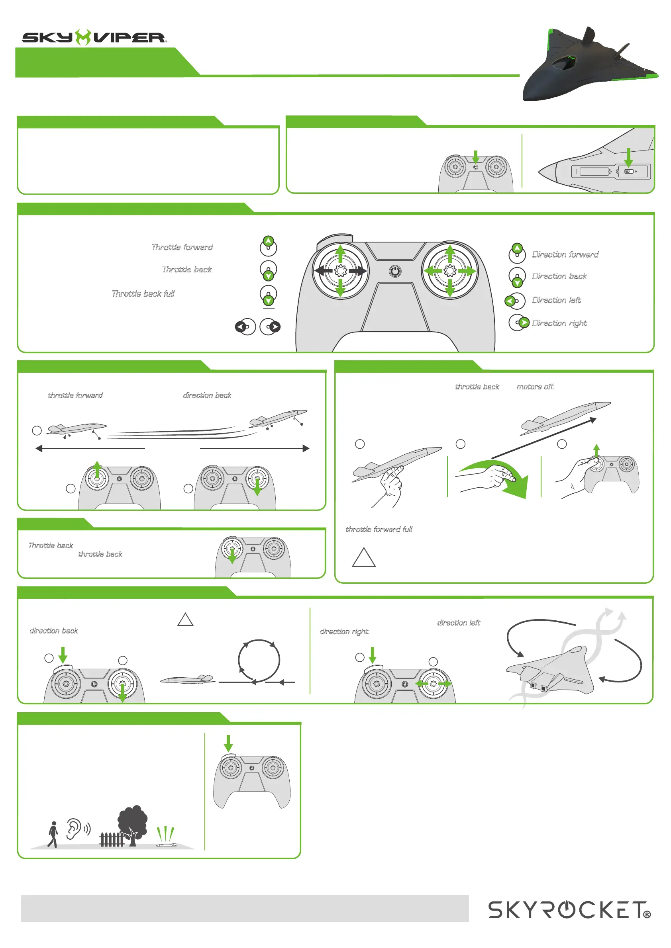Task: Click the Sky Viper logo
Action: point(94,37)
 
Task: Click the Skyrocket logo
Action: point(569,910)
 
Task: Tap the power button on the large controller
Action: point(395,271)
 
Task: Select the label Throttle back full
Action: point(143,293)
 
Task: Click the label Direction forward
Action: point(565,254)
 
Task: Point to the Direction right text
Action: point(559,323)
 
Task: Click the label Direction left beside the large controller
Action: point(556,300)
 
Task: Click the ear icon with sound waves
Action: point(77,829)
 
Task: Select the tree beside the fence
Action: point(133,825)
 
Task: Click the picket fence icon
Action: point(111,839)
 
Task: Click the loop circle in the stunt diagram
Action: point(259,660)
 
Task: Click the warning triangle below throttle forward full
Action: point(364,558)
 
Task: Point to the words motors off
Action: point(535,387)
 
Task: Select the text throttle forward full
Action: point(379,529)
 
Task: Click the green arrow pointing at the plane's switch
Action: point(628,157)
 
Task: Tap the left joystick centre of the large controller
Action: point(340,271)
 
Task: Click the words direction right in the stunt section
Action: point(345,631)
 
